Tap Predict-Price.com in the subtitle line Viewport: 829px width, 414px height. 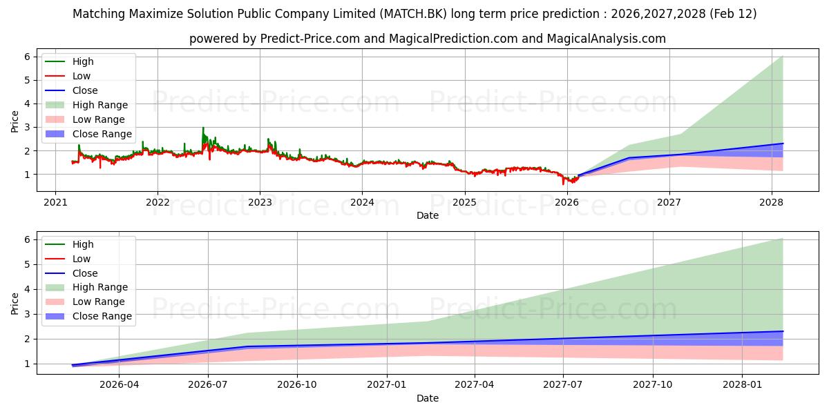(x=310, y=39)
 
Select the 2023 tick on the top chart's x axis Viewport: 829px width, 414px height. (x=260, y=202)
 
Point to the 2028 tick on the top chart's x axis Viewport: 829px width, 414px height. (x=771, y=202)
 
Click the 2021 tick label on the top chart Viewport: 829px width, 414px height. (x=55, y=202)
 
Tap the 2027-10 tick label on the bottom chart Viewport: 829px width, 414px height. (x=653, y=385)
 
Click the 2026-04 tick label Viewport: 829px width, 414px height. (x=119, y=385)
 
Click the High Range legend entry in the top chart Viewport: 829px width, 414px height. (x=100, y=105)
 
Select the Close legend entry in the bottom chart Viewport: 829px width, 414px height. (x=85, y=273)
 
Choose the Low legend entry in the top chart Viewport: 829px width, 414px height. (x=82, y=76)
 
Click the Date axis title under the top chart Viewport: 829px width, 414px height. (x=428, y=215)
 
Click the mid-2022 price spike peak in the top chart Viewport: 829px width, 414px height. (x=202, y=128)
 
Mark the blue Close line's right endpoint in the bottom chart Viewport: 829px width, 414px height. (x=783, y=331)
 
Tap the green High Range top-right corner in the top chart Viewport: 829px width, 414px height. (x=783, y=57)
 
